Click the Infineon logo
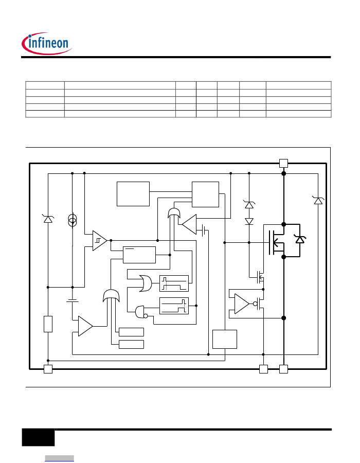pyautogui.click(x=47, y=43)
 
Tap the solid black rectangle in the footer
pyautogui.click(x=39, y=437)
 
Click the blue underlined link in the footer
pyautogui.click(x=59, y=458)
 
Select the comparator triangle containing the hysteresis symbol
pyautogui.click(x=99, y=241)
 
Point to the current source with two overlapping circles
pyautogui.click(x=73, y=221)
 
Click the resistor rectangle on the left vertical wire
pyautogui.click(x=48, y=324)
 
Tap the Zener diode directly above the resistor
pyautogui.click(x=48, y=219)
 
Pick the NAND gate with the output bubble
pyautogui.click(x=141, y=312)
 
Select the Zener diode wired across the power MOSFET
pyautogui.click(x=300, y=239)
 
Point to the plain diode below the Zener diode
pyautogui.click(x=249, y=221)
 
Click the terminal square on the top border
pyautogui.click(x=283, y=163)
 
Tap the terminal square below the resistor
pyautogui.click(x=48, y=369)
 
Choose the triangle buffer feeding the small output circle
pyautogui.click(x=242, y=304)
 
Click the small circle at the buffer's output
pyautogui.click(x=255, y=304)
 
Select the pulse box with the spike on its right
pyautogui.click(x=174, y=306)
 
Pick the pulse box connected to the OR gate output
pyautogui.click(x=174, y=283)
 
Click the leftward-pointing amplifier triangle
pyautogui.click(x=189, y=224)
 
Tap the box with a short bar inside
pyautogui.click(x=139, y=255)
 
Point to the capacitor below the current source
pyautogui.click(x=73, y=300)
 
